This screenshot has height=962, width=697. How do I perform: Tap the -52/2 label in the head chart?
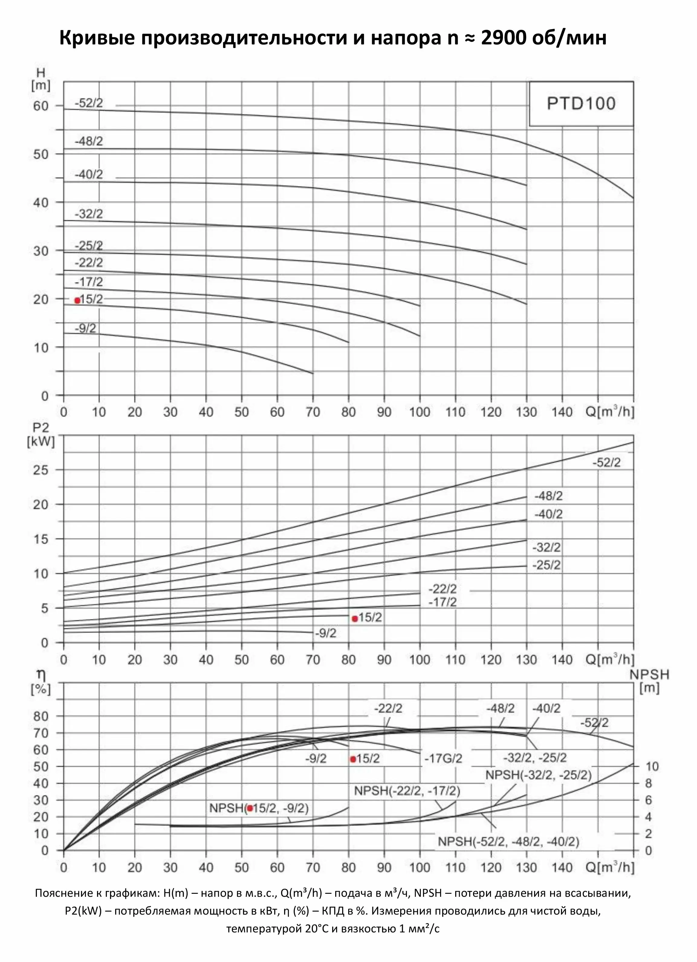(x=89, y=103)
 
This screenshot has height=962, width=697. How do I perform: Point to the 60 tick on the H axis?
(x=41, y=106)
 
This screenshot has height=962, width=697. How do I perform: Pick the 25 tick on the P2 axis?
(x=41, y=470)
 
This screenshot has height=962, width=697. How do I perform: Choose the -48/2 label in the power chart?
(x=548, y=495)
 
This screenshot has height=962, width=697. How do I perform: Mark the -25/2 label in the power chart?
(x=546, y=565)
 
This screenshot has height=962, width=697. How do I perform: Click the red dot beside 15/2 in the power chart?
(x=355, y=618)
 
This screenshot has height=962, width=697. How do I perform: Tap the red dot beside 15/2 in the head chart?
(x=77, y=300)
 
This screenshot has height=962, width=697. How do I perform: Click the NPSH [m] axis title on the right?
(x=649, y=681)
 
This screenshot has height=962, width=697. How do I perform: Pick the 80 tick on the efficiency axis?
(x=41, y=716)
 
